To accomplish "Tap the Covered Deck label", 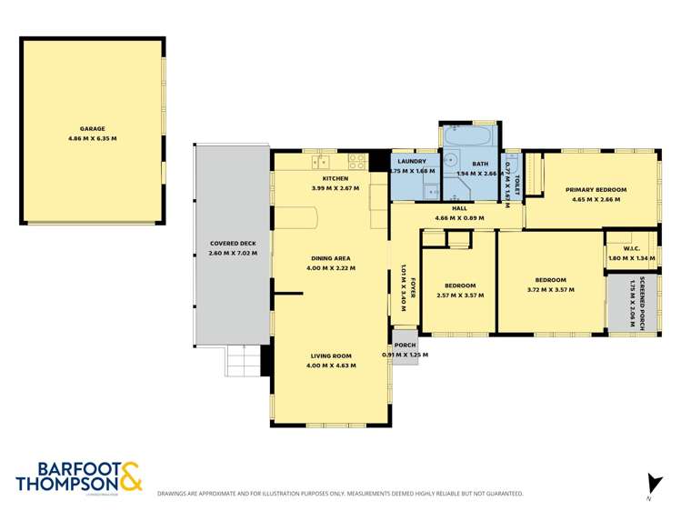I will point(233,244).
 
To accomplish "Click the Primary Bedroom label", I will point(596,190).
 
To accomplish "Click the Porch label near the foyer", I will point(405,345).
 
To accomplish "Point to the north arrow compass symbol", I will point(651,484).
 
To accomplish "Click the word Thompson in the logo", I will point(67,484).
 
